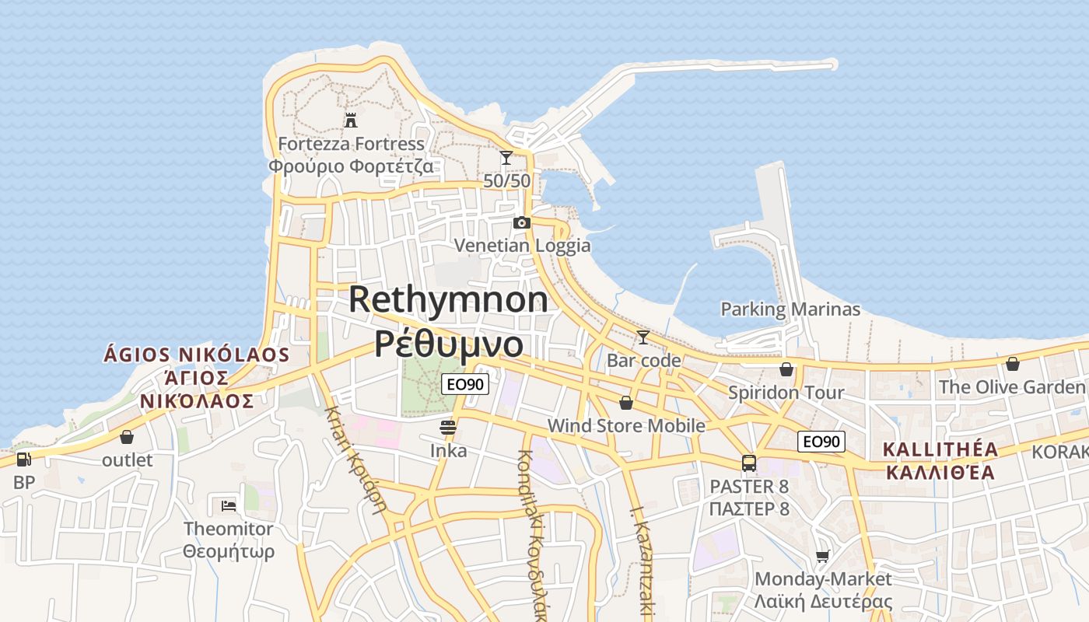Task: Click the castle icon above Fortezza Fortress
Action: [351, 120]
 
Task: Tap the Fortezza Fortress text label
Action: [352, 144]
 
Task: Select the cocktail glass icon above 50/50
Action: [506, 158]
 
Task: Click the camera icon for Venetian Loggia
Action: [522, 223]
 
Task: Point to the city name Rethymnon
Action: [448, 300]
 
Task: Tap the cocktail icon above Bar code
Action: [643, 337]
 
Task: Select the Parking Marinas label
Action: [790, 309]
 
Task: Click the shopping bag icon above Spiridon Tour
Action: [786, 369]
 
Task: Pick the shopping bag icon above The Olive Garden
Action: [1013, 363]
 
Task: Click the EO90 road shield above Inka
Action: [465, 383]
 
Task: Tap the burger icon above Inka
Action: [447, 427]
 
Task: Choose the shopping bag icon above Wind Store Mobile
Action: [626, 402]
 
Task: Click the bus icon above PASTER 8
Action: [749, 463]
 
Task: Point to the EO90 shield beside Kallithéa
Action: [821, 442]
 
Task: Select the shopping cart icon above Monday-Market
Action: [823, 556]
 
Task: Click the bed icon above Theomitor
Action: [229, 505]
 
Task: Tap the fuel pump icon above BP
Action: [24, 459]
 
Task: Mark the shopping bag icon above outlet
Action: [127, 437]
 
